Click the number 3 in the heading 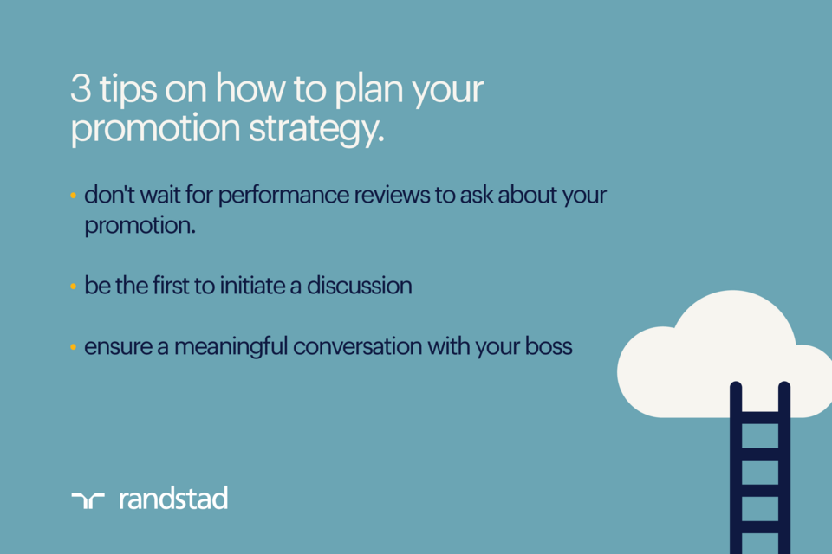(x=80, y=91)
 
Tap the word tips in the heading (x=125, y=91)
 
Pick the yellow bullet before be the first (x=74, y=287)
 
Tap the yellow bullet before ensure (x=74, y=348)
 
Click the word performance (x=280, y=196)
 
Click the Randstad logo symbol (x=88, y=499)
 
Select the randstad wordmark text (x=173, y=498)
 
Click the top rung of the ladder (x=760, y=409)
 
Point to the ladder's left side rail (x=736, y=467)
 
